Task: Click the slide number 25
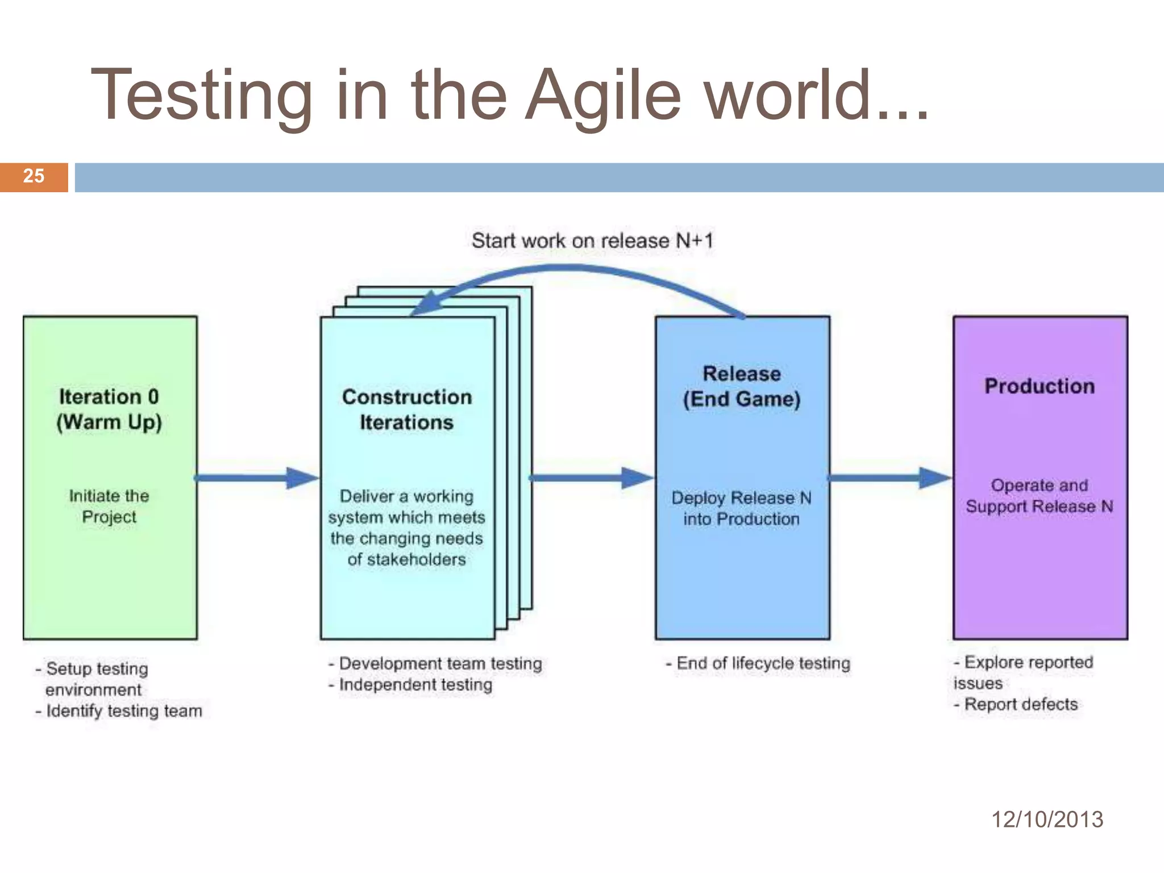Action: [34, 176]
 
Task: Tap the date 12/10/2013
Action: [1047, 819]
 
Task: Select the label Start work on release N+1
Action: [592, 241]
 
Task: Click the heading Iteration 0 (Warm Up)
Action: [109, 409]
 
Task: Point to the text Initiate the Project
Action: [109, 506]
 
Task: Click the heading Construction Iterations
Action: [407, 410]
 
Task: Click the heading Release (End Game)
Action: [742, 386]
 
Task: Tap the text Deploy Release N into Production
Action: [742, 508]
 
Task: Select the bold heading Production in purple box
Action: [1040, 386]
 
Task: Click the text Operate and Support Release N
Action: [1040, 496]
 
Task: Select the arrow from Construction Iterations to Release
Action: [591, 478]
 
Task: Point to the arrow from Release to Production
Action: [889, 478]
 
